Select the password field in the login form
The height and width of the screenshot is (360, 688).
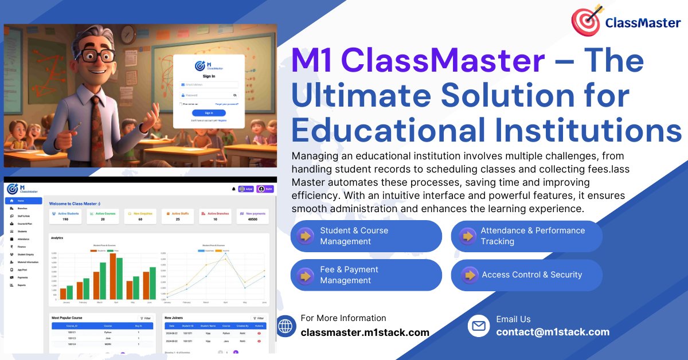tap(209, 95)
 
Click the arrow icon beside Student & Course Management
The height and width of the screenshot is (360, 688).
tap(305, 236)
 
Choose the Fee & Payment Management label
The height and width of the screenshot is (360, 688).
tap(349, 275)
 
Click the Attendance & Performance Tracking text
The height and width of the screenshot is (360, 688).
tap(533, 236)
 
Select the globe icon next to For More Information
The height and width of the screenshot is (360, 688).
tap(285, 326)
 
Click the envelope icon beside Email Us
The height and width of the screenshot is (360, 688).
tap(478, 326)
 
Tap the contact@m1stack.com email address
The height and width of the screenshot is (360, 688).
tap(553, 332)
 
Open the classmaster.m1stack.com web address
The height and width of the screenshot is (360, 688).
tap(365, 332)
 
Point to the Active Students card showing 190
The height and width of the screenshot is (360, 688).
tap(65, 216)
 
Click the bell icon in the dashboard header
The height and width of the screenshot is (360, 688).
tap(233, 189)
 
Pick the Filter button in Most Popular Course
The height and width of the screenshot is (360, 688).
tap(145, 318)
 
